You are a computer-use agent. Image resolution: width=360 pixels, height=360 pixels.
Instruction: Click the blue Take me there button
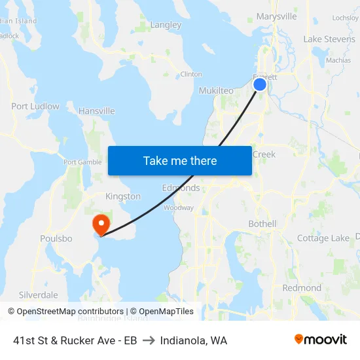(x=180, y=160)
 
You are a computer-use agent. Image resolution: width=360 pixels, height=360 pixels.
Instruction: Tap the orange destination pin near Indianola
(x=101, y=225)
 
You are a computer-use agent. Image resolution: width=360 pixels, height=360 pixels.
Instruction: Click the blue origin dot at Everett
(x=260, y=84)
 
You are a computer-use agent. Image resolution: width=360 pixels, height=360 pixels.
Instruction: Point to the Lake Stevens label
(x=329, y=39)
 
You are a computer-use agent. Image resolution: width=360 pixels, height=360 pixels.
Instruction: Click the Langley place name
(x=166, y=25)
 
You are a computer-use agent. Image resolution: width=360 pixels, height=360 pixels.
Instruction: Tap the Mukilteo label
(x=216, y=91)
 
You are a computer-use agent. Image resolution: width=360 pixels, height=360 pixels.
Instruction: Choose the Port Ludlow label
(x=35, y=106)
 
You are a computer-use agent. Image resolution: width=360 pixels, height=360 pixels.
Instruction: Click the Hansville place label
(x=97, y=111)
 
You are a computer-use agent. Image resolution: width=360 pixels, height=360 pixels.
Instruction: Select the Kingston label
(x=123, y=196)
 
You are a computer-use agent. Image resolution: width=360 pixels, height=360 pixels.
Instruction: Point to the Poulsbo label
(x=56, y=238)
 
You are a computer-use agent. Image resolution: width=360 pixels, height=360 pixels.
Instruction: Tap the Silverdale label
(x=39, y=295)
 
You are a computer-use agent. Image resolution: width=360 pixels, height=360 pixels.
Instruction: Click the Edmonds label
(x=181, y=188)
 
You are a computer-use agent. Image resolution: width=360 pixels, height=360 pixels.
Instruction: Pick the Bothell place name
(x=262, y=224)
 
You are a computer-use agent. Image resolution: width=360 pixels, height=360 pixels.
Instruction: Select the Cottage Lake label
(x=323, y=238)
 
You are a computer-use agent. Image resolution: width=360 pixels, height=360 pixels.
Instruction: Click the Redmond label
(x=302, y=288)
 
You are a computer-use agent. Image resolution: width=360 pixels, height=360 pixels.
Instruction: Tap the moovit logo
(x=321, y=340)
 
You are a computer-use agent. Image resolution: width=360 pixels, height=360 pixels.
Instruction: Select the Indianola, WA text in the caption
(x=194, y=340)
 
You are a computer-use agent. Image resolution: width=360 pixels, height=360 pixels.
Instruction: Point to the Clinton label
(x=191, y=74)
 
